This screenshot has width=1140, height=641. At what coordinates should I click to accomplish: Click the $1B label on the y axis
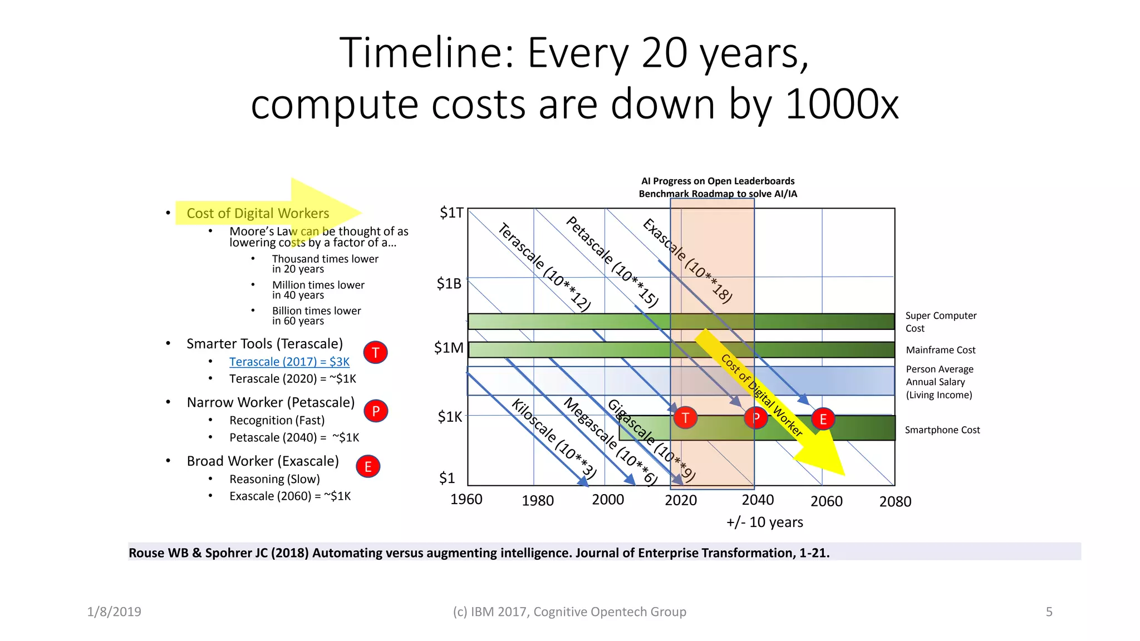pyautogui.click(x=449, y=284)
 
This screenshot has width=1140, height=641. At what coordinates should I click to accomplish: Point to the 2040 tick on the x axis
pyautogui.click(x=758, y=500)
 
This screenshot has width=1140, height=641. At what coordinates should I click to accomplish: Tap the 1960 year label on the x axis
pyautogui.click(x=466, y=499)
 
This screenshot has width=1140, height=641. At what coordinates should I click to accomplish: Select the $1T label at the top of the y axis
pyautogui.click(x=451, y=213)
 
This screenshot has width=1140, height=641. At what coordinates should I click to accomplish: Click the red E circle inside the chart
pyautogui.click(x=823, y=419)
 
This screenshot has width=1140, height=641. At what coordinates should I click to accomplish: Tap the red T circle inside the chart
pyautogui.click(x=685, y=417)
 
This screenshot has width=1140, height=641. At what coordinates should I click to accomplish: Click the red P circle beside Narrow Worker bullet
pyautogui.click(x=376, y=411)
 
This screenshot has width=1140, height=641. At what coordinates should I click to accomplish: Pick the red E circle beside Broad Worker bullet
pyautogui.click(x=368, y=466)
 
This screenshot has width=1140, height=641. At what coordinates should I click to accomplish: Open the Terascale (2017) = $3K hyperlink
pyautogui.click(x=289, y=362)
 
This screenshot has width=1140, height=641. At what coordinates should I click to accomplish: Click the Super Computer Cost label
pyautogui.click(x=940, y=322)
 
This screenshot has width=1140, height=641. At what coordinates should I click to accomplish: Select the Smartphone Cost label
pyautogui.click(x=942, y=430)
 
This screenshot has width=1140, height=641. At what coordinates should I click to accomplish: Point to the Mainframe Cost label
pyautogui.click(x=940, y=350)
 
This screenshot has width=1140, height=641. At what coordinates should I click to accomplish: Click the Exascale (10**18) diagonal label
pyautogui.click(x=687, y=260)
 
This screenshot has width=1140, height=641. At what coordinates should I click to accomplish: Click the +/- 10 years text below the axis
pyautogui.click(x=764, y=522)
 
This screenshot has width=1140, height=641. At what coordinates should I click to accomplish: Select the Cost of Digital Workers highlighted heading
pyautogui.click(x=258, y=213)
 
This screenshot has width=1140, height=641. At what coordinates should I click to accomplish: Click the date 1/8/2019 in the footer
pyautogui.click(x=114, y=612)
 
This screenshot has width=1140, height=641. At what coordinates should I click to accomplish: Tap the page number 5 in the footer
pyautogui.click(x=1049, y=612)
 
